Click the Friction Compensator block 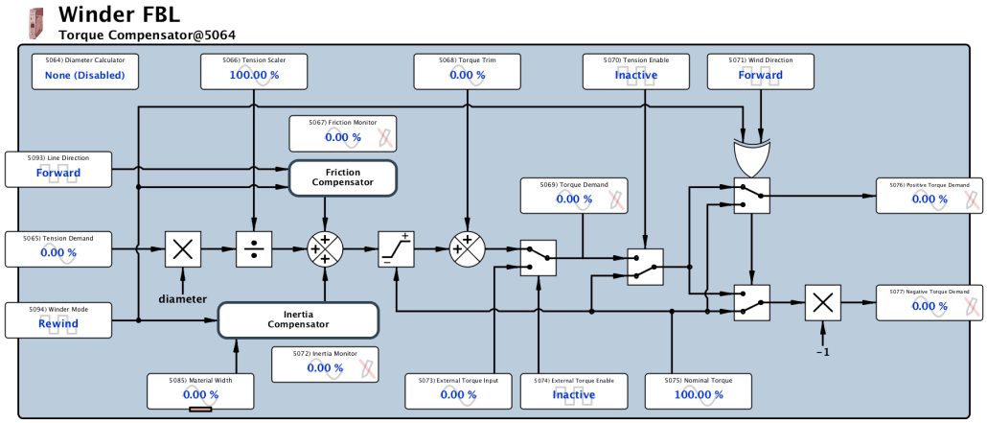342,177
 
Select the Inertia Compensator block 299,319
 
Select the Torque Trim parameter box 468,69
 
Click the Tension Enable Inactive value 636,75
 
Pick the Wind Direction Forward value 760,75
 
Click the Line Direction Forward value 58,173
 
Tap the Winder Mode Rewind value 58,323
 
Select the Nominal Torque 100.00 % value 699,394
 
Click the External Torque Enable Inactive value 574,394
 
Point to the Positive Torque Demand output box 929,194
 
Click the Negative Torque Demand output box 929,300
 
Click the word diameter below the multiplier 182,298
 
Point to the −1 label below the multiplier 821,351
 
